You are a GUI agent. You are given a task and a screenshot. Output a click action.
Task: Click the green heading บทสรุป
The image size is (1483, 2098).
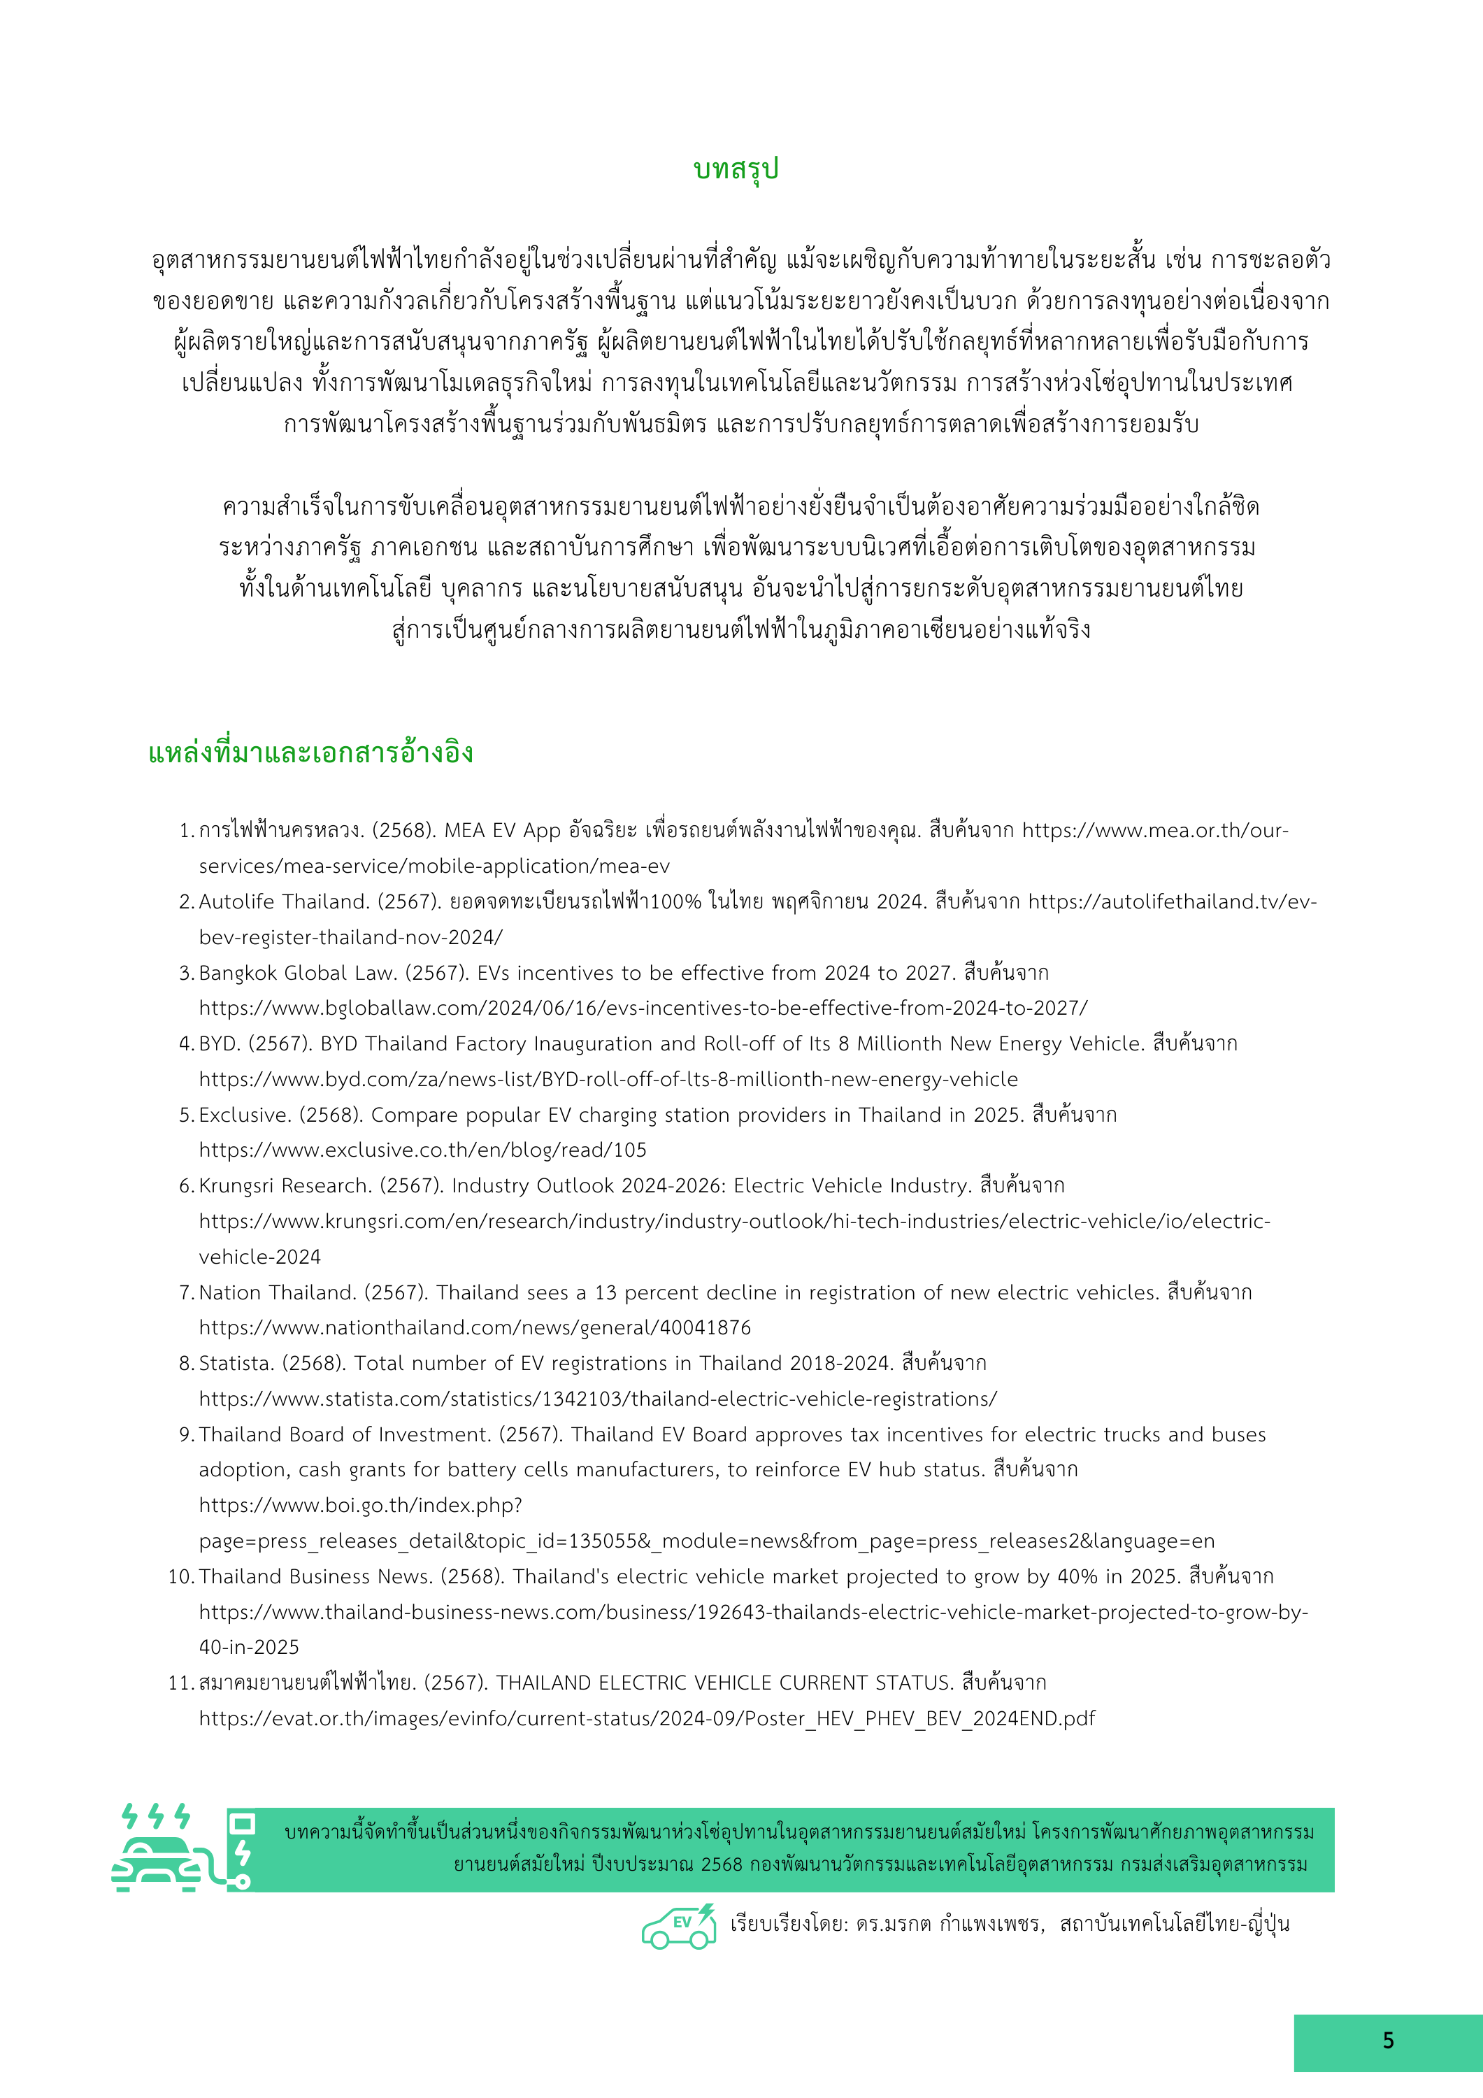736,170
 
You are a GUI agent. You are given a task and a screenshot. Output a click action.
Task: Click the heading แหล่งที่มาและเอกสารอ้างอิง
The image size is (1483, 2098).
310,753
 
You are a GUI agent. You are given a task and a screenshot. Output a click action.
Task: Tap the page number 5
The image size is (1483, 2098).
1388,2041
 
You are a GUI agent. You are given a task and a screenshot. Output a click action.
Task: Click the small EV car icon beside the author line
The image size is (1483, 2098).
678,1925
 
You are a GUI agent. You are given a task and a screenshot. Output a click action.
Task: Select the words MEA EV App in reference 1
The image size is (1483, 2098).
503,831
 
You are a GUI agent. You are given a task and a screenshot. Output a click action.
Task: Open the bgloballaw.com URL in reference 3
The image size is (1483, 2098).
643,1008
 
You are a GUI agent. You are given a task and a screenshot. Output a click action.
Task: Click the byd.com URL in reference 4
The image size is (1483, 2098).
608,1079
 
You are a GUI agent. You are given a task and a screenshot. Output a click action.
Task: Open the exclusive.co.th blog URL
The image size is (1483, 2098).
423,1150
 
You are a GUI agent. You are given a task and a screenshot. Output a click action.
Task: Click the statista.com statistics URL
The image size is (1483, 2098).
599,1399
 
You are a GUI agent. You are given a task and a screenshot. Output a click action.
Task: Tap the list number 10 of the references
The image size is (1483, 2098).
179,1577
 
